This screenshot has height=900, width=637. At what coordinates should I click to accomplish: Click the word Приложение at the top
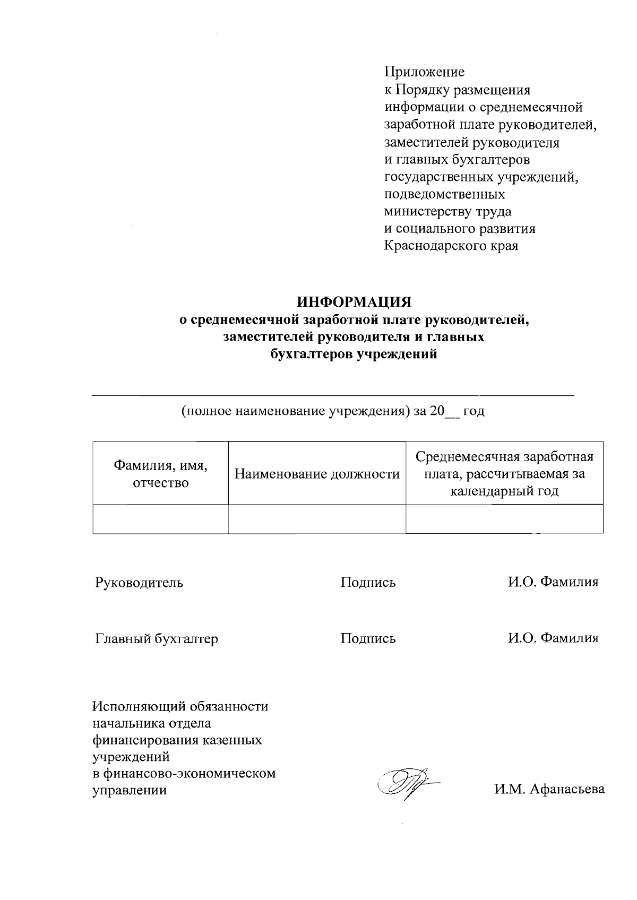coord(424,72)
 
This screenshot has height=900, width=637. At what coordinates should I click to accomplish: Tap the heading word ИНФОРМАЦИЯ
coord(354,302)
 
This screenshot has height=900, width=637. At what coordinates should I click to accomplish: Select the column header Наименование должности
coord(317,474)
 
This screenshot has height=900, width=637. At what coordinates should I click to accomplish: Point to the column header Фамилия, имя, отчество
coord(160,474)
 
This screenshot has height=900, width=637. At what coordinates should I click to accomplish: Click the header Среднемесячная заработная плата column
coord(504,473)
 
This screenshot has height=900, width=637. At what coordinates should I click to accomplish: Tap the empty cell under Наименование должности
coord(317,518)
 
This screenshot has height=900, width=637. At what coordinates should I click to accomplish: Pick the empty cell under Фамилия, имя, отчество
coord(160,518)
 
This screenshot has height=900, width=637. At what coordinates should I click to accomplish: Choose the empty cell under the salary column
coord(504,518)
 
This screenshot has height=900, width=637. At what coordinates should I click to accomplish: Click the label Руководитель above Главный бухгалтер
coord(139,583)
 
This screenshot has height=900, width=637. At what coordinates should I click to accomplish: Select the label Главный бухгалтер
coord(157,639)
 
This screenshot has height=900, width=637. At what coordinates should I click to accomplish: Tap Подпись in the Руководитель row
coord(368,583)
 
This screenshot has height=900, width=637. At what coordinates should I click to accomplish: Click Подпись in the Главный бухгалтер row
coord(368,639)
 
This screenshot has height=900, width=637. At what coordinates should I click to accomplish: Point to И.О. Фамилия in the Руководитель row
coord(553,583)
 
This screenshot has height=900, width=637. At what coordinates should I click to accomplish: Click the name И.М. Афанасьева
coord(549,790)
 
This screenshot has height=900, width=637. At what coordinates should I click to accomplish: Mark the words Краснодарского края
coord(451,246)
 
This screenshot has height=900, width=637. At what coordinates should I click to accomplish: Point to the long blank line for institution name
coord(333,395)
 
